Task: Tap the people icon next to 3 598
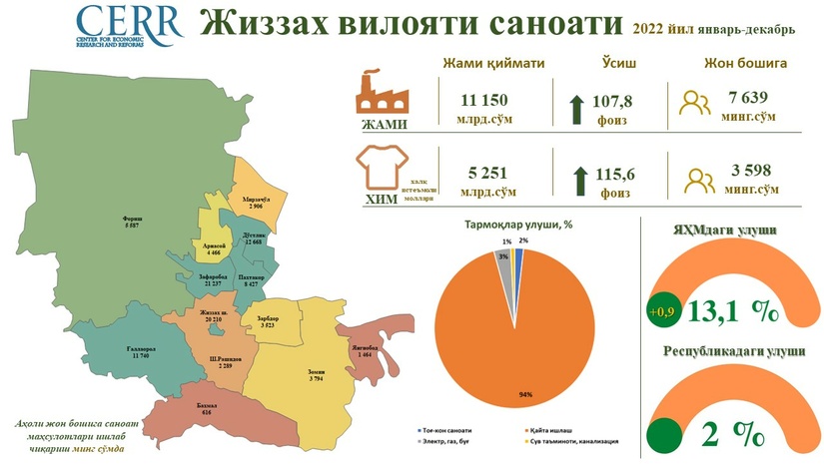[x=697, y=178]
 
